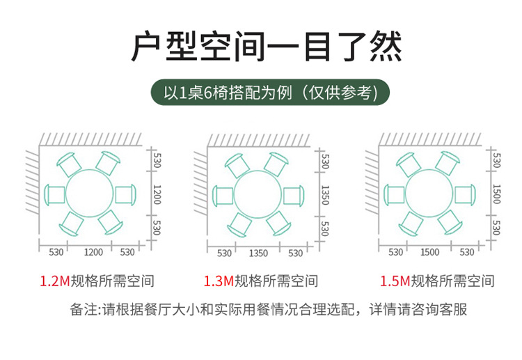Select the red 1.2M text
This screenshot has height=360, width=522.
click(x=54, y=281)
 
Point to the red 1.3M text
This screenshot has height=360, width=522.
click(x=219, y=281)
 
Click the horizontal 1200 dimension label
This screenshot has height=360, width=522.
click(x=93, y=251)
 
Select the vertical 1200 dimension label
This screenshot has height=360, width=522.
click(x=157, y=195)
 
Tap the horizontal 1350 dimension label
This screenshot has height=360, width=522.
click(x=258, y=253)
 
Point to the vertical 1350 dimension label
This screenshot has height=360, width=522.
click(x=324, y=195)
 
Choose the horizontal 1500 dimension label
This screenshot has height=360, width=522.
click(x=429, y=252)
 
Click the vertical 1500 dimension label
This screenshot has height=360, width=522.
click(x=496, y=194)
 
